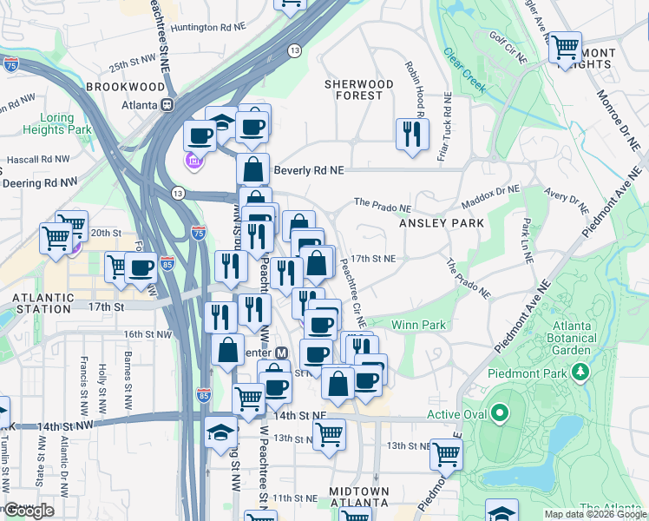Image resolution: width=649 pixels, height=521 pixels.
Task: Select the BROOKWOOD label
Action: pyautogui.click(x=126, y=88)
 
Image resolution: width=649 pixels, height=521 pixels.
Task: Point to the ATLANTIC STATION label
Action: pyautogui.click(x=42, y=303)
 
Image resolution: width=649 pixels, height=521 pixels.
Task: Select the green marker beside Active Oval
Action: pyautogui.click(x=499, y=414)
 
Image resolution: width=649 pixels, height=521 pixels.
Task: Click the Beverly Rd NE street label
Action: pyautogui.click(x=310, y=171)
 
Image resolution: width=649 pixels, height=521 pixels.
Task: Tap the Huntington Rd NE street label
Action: pyautogui.click(x=208, y=28)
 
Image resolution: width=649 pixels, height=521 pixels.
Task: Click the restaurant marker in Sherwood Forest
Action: pyautogui.click(x=410, y=134)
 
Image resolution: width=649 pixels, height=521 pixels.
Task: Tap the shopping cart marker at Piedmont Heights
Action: pyautogui.click(x=566, y=46)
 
